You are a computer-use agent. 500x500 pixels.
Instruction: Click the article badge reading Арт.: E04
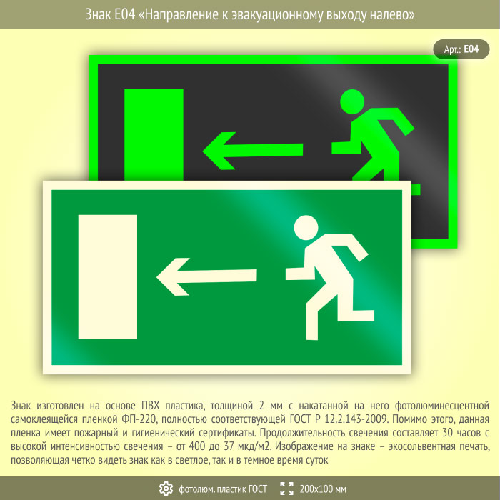[461, 49]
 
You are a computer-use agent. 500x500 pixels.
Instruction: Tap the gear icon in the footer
[166, 489]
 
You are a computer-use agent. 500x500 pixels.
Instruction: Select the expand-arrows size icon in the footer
[286, 489]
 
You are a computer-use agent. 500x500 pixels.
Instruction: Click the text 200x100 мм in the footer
[323, 489]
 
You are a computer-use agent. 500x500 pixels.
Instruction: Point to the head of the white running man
[306, 228]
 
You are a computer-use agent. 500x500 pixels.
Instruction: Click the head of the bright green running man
[352, 101]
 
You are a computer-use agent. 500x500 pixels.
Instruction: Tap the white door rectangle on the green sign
[108, 277]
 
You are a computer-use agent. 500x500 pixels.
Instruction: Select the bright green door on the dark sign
[154, 134]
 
